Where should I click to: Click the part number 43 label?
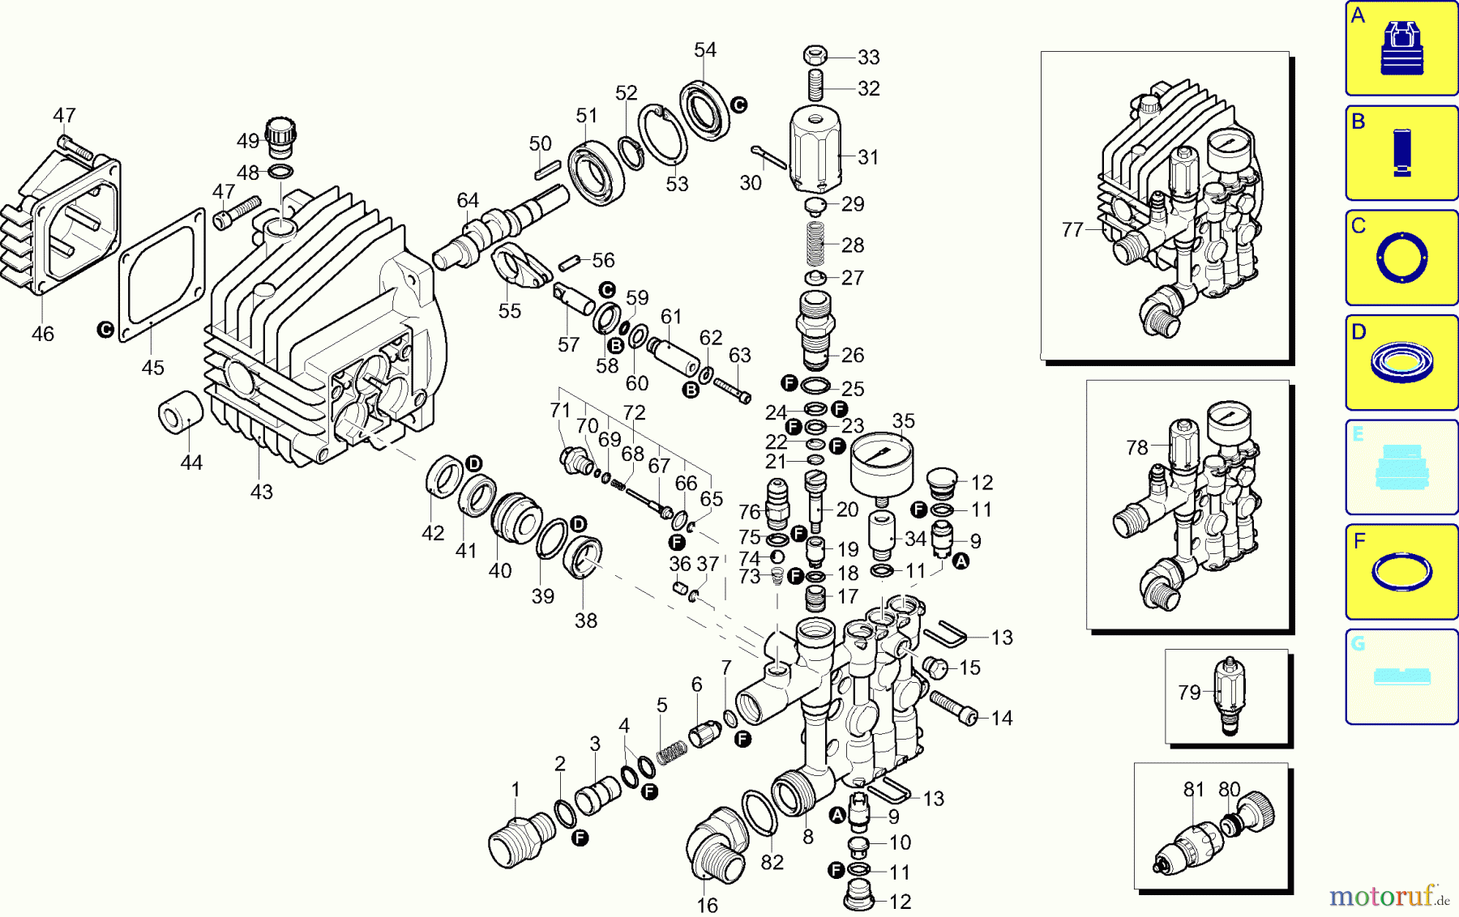(x=261, y=492)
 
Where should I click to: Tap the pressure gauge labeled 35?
(x=882, y=464)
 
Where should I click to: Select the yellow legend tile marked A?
(x=1401, y=49)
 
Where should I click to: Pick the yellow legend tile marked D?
(x=1401, y=363)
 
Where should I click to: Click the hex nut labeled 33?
(x=815, y=56)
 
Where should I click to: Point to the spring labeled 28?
(x=815, y=243)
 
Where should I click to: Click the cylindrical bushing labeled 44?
(x=180, y=412)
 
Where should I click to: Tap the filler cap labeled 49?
(x=280, y=138)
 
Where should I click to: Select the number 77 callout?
(x=1072, y=230)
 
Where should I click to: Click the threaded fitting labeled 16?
(x=716, y=847)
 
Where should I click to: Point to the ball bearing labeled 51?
(x=596, y=173)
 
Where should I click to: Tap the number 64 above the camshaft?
(x=468, y=200)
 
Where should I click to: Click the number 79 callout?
(x=1189, y=693)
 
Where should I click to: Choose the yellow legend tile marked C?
(x=1401, y=258)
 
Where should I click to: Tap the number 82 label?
(x=772, y=863)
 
